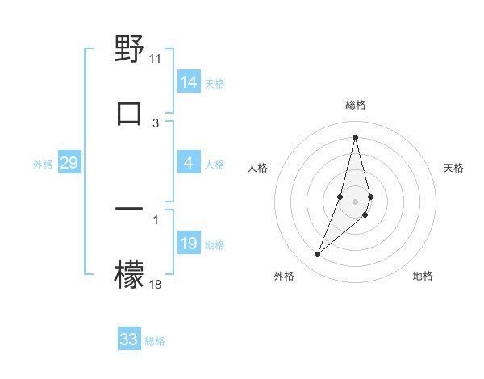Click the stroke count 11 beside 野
pos(156,59)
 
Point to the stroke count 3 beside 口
pos(156,123)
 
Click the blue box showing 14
pos(189,82)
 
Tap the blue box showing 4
pos(189,164)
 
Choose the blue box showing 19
pos(189,244)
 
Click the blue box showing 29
pos(69,164)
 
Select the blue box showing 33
pos(129,339)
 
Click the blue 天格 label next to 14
pos(215,83)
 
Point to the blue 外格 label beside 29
pos(43,165)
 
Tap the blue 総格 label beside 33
pos(155,341)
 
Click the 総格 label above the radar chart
pos(356,106)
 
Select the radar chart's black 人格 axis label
pos(258,168)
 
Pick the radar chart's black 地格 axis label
pos(423,277)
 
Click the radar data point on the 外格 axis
pos(318,255)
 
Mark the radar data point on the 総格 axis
pos(355,137)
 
